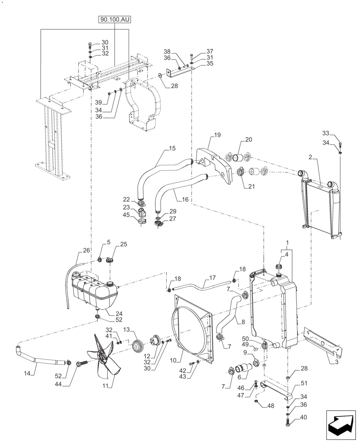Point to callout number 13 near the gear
(x=127, y=330)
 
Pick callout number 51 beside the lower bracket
(x=304, y=383)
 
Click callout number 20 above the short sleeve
(x=248, y=139)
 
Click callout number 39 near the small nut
(x=98, y=103)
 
